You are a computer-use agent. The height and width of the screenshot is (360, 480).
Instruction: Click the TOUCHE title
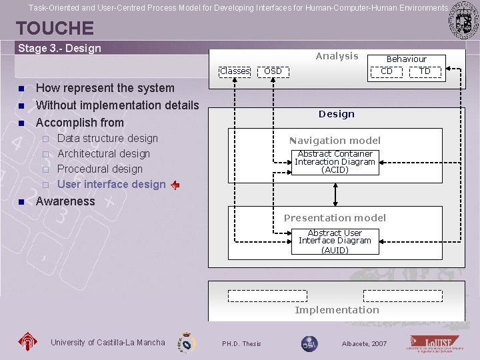click(55, 29)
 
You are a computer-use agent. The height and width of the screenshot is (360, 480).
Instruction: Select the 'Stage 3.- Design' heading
click(59, 48)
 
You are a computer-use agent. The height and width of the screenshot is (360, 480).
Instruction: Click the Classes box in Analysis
click(235, 71)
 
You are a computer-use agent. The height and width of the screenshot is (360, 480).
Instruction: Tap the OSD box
click(273, 71)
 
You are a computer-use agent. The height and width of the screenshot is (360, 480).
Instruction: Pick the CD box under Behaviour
click(387, 71)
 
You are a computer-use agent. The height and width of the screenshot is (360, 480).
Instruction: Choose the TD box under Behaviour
click(425, 71)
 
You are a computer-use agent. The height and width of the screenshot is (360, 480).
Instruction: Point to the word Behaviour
click(406, 59)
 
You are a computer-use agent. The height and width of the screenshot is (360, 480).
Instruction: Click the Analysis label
click(337, 56)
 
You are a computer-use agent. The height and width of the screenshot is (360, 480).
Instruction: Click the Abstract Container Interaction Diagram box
click(335, 162)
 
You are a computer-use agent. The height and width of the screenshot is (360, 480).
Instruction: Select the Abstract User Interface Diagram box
click(335, 241)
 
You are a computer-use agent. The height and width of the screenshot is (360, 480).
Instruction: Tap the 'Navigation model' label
click(335, 141)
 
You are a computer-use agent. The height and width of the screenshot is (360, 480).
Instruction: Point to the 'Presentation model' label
click(335, 218)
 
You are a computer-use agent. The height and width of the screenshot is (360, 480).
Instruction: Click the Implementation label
click(337, 310)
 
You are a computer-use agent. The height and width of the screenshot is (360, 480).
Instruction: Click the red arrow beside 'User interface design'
click(175, 185)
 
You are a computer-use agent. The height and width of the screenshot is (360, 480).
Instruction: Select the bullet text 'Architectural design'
click(103, 154)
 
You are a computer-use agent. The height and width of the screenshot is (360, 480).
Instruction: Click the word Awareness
click(65, 201)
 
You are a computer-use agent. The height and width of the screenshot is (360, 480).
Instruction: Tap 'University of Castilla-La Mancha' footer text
click(107, 343)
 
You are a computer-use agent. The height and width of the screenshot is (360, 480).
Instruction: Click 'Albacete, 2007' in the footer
click(363, 344)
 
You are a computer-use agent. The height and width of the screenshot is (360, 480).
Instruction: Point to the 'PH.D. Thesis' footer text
click(241, 344)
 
